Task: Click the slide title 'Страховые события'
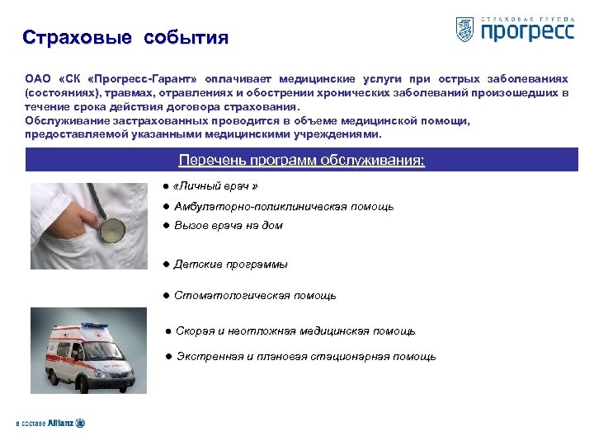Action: coord(125,38)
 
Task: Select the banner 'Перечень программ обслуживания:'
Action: coord(302,160)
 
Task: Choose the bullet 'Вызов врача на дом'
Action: coord(228,225)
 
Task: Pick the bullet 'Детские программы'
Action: coord(230,265)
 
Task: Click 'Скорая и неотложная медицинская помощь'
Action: coord(295,331)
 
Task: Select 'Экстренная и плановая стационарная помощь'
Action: coord(304,357)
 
